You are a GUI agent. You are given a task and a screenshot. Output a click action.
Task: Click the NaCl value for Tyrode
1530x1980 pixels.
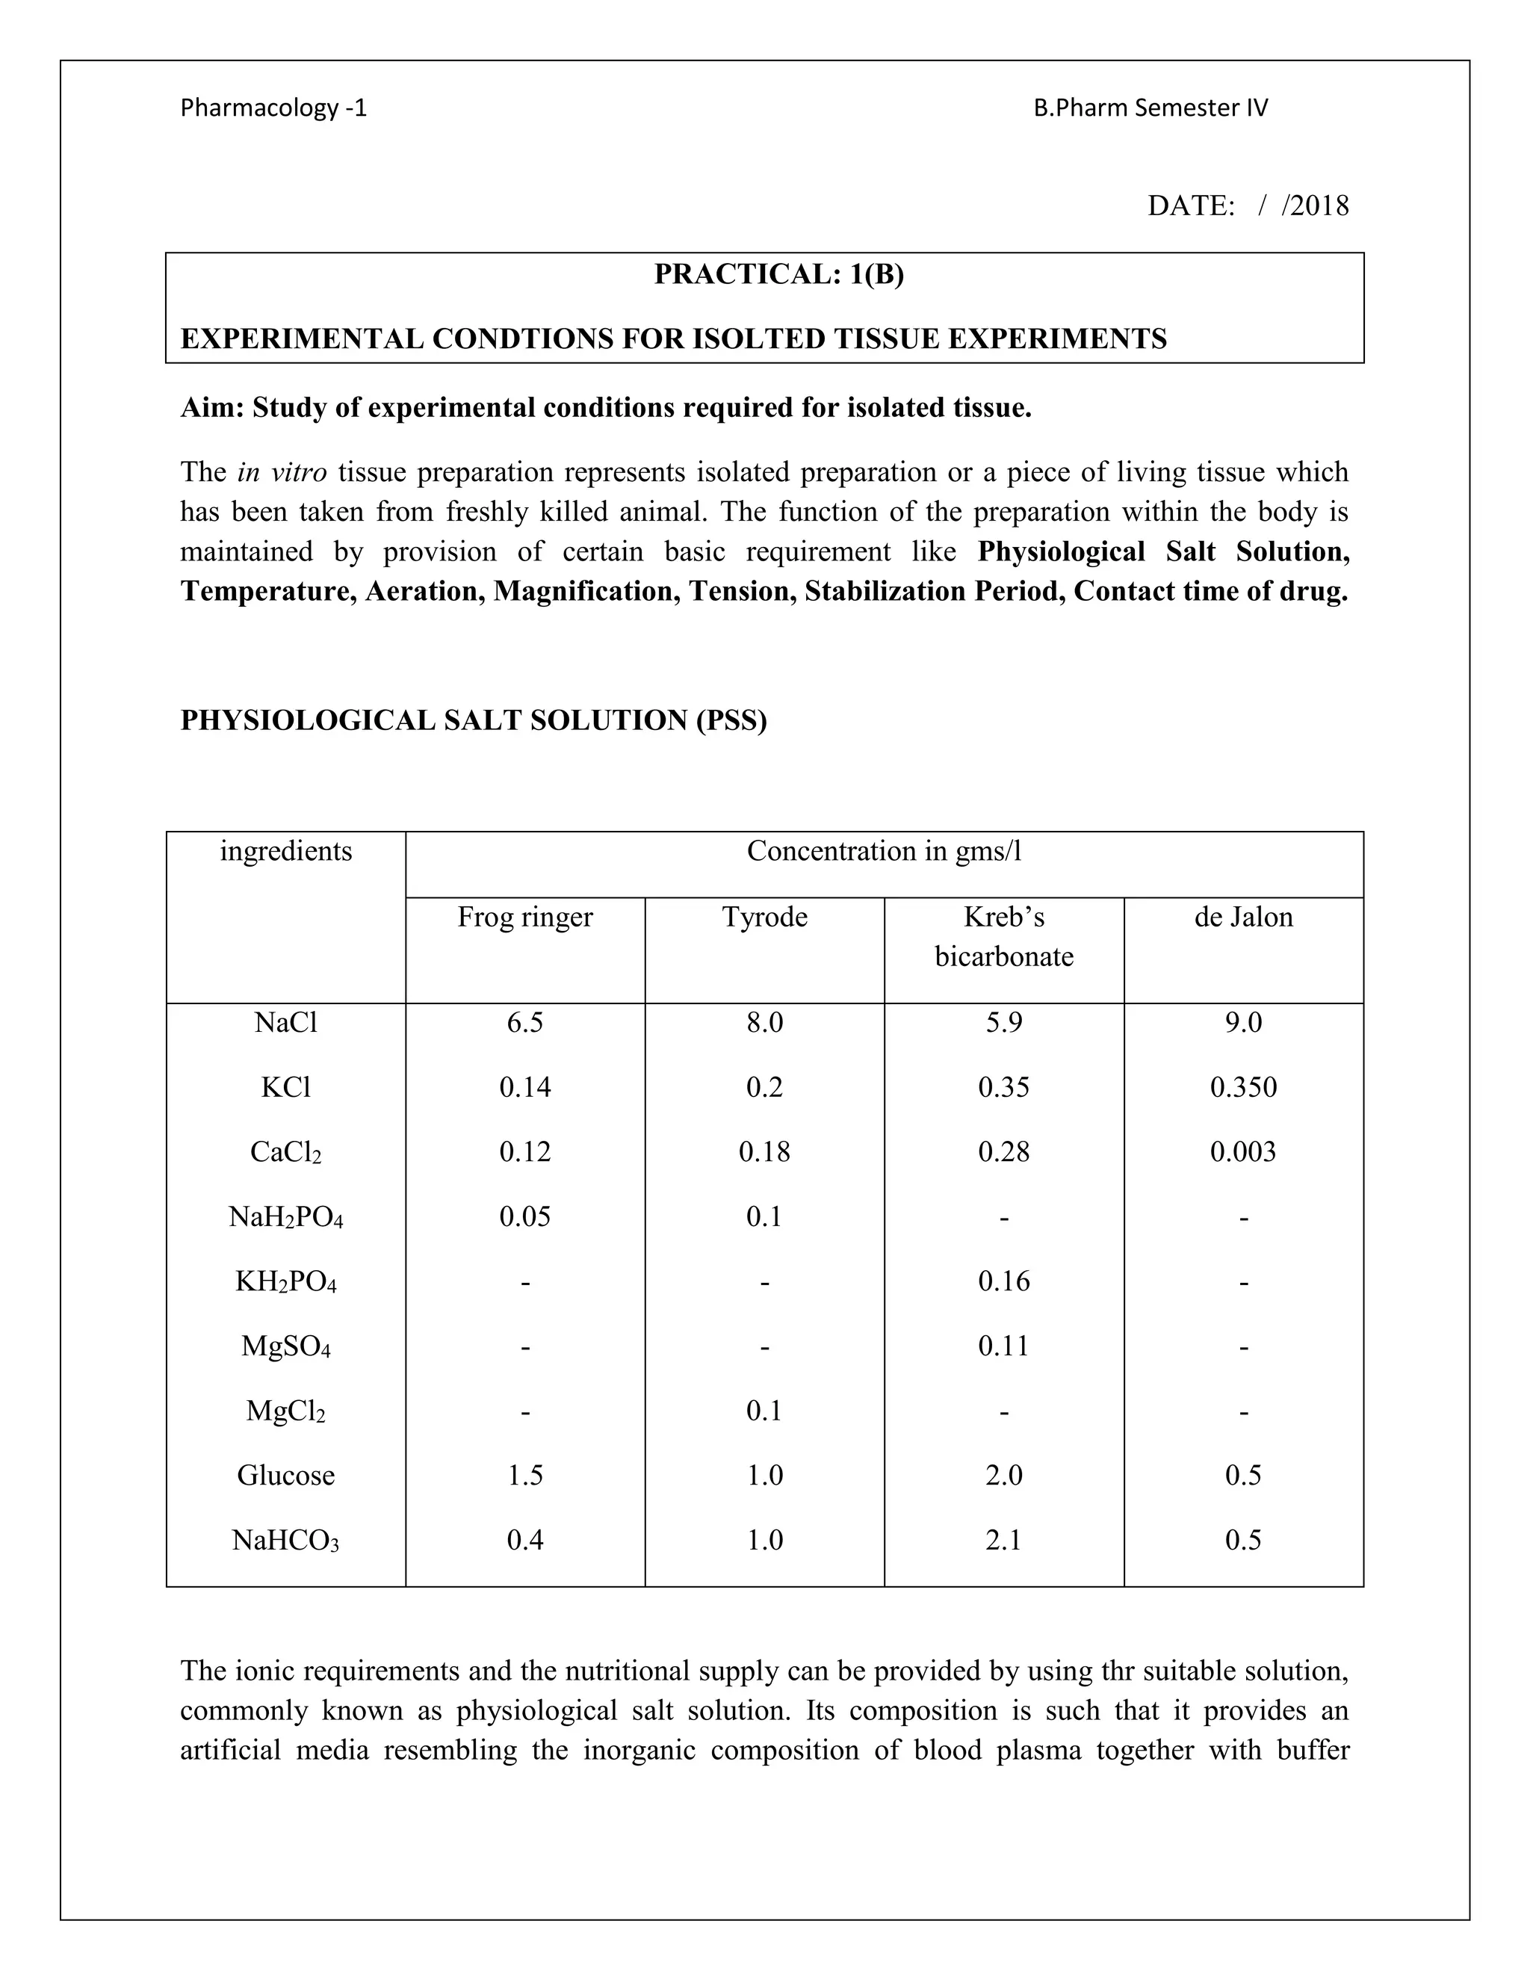coord(764,1023)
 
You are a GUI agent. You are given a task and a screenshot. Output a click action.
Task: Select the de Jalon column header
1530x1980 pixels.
coord(1242,917)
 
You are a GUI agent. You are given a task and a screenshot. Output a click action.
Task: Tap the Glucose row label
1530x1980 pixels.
coord(285,1475)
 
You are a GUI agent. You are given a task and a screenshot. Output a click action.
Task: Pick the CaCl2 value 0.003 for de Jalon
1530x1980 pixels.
coord(1242,1151)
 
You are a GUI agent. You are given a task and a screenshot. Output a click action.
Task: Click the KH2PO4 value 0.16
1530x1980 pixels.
coord(1003,1281)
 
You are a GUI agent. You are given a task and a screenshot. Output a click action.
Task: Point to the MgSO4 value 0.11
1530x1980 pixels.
coord(1003,1346)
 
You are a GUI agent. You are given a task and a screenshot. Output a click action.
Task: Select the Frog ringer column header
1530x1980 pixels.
coord(524,917)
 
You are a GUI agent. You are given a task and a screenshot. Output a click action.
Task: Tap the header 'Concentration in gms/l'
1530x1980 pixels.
coord(884,850)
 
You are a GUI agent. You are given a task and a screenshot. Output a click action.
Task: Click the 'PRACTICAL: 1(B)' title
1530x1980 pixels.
coord(778,273)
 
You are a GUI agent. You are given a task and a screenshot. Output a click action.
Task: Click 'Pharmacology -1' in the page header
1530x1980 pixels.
coord(273,108)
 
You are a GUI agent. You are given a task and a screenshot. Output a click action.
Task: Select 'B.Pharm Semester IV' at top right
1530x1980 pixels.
coord(1150,108)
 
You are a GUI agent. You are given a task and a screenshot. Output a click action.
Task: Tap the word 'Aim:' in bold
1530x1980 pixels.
coord(212,408)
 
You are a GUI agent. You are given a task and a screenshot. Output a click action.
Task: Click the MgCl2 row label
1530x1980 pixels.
coord(285,1411)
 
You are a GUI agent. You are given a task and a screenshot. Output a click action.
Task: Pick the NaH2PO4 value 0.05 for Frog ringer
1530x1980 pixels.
coord(524,1216)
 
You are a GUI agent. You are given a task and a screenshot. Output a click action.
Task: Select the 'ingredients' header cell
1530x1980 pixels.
coord(285,850)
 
